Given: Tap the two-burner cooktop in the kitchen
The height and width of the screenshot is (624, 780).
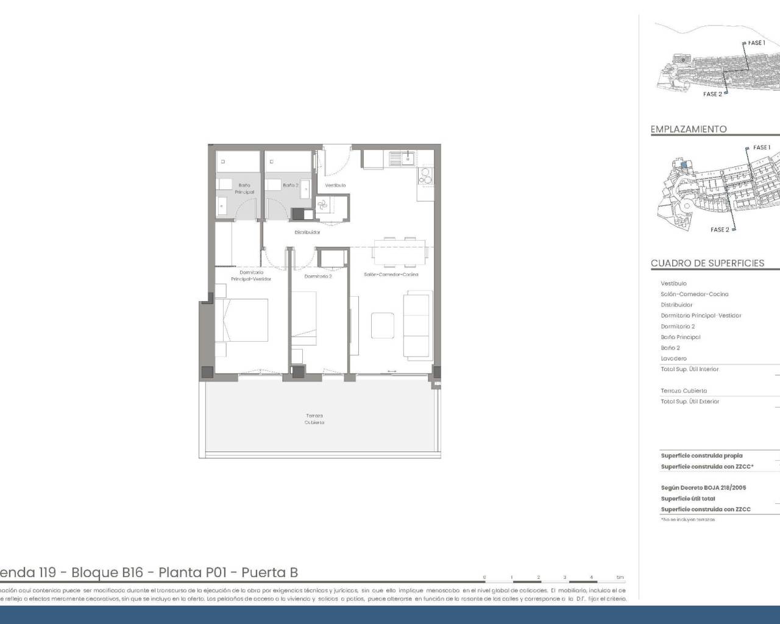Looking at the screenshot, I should point(424,176).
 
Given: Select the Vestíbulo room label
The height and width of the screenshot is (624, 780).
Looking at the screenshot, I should point(335,185).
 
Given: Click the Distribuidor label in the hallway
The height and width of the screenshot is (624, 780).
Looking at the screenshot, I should point(307,232).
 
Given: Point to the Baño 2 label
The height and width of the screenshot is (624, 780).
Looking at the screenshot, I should point(290,185).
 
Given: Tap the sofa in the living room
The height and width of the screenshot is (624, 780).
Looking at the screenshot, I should point(417,325).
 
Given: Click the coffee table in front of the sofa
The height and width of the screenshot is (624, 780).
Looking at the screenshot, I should point(383,325).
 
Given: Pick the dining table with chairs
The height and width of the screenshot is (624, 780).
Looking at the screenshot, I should point(399,252).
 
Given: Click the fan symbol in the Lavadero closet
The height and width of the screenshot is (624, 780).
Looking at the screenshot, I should point(322,205).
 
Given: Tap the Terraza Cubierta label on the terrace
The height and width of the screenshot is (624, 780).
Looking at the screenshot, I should point(314,419).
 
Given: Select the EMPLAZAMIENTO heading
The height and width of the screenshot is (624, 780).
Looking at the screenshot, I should point(689,129).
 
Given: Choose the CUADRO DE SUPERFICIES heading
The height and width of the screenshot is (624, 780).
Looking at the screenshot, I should point(707,263).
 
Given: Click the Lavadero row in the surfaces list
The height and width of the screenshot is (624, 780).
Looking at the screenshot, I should point(673,359).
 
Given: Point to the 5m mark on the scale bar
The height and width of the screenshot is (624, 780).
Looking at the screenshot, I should point(620,577).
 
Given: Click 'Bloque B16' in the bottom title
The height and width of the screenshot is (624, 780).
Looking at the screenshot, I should point(107,572).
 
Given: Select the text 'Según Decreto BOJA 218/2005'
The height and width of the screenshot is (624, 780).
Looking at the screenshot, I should point(703,487).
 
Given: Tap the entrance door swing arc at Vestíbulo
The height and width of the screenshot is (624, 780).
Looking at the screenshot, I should point(336,160).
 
